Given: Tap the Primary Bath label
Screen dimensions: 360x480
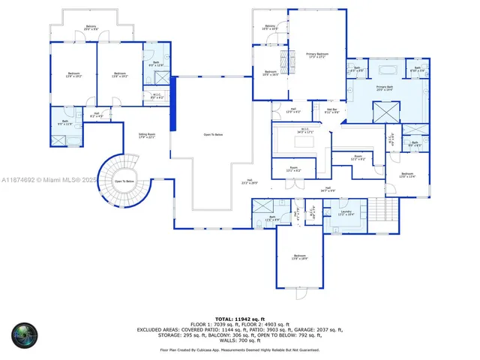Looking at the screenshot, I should pyautogui.click(x=385, y=88).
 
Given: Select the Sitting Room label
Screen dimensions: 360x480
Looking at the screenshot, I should pyautogui.click(x=146, y=136).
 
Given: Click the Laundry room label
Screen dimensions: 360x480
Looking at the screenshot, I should pyautogui.click(x=346, y=213).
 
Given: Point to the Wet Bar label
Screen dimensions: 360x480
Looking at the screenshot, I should pyautogui.click(x=331, y=110).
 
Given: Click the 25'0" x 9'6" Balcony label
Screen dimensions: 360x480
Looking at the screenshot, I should pyautogui.click(x=91, y=27).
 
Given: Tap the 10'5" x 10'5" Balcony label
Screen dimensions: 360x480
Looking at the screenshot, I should pyautogui.click(x=270, y=27).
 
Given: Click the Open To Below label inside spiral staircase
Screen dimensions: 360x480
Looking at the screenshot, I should pyautogui.click(x=124, y=181).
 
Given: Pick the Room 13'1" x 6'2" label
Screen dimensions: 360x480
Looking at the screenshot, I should pyautogui.click(x=292, y=169).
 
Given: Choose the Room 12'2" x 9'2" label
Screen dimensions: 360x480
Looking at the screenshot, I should pyautogui.click(x=358, y=157).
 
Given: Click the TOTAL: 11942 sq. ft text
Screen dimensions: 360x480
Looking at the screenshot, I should pyautogui.click(x=239, y=319).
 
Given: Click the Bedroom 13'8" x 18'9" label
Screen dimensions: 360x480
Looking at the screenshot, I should pyautogui.click(x=299, y=256).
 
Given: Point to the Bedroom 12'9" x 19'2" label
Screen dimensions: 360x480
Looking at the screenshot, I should pyautogui.click(x=73, y=74).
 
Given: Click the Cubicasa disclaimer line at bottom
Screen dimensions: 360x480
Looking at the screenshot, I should pyautogui.click(x=239, y=349).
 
